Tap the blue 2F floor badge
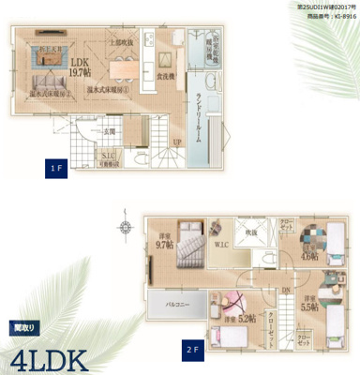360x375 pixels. [x=193, y=350]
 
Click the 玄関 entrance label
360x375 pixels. [x=108, y=131]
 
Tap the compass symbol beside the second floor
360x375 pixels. [x=127, y=226]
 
